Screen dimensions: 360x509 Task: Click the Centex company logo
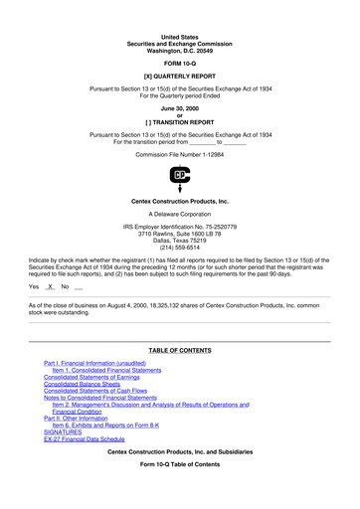[180, 179]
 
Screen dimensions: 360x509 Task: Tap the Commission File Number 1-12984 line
[180, 156]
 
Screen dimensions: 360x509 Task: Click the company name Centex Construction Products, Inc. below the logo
[180, 201]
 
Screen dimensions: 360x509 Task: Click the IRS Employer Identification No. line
[180, 225]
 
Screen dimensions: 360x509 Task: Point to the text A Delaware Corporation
[180, 213]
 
